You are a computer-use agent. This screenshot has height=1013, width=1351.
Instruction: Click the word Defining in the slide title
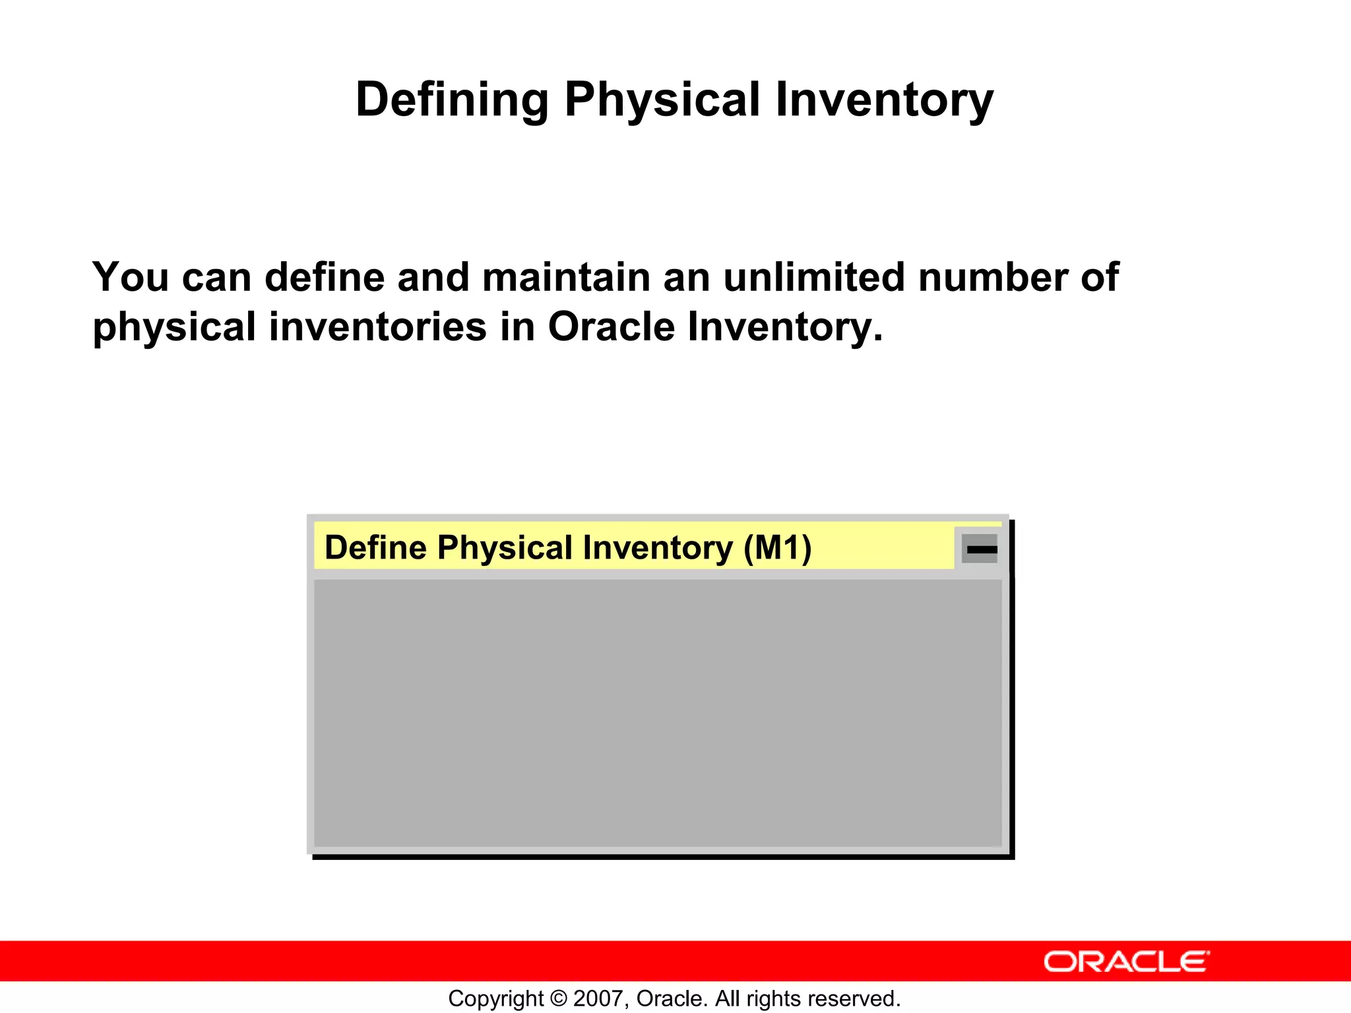[x=452, y=100]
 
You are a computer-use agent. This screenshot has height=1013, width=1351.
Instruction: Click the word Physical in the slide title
[x=662, y=100]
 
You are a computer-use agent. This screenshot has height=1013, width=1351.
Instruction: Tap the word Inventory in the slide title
[x=884, y=100]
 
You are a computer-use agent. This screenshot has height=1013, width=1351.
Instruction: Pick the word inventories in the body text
[x=378, y=327]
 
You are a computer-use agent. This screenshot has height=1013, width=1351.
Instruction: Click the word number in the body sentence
[x=993, y=277]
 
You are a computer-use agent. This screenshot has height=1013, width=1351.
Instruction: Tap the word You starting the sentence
[x=131, y=277]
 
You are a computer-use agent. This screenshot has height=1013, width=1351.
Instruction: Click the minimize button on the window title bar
[x=980, y=549]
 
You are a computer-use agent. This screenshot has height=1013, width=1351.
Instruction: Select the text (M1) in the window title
[x=778, y=548]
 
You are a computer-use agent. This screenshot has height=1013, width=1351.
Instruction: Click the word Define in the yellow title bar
[x=375, y=548]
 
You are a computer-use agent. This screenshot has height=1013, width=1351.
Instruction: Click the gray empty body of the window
[x=657, y=712]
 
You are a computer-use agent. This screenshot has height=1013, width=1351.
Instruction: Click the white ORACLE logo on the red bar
[x=1127, y=962]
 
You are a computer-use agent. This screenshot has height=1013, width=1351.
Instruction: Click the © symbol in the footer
[x=559, y=998]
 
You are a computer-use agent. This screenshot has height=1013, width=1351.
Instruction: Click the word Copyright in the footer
[x=496, y=998]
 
